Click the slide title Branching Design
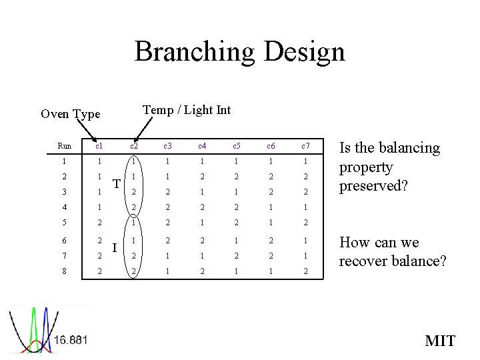point(240,51)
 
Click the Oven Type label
point(70,114)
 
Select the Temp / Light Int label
point(187,110)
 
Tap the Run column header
point(65,146)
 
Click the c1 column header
point(99,146)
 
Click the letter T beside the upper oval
point(115,184)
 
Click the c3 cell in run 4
point(169,207)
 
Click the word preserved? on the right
point(374,185)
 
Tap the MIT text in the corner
point(440,341)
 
